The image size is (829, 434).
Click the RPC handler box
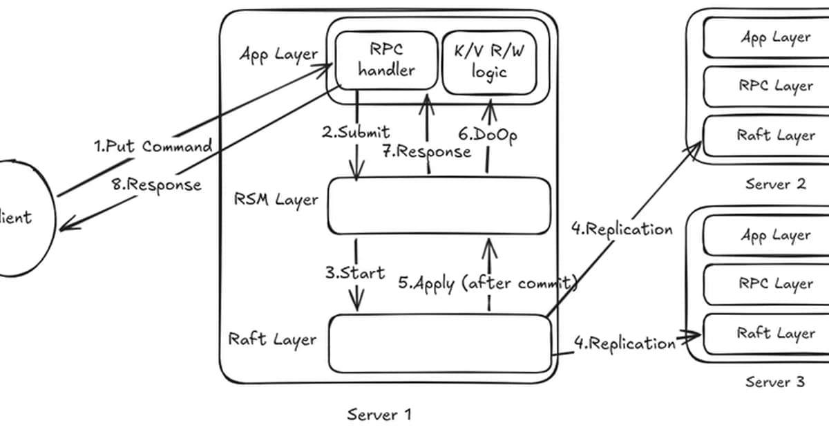pyautogui.click(x=386, y=61)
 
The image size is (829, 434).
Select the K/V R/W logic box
pyautogui.click(x=489, y=62)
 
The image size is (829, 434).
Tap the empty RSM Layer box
pyautogui.click(x=439, y=206)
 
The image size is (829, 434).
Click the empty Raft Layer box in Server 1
pyautogui.click(x=439, y=343)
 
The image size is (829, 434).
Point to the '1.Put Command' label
pyautogui.click(x=153, y=147)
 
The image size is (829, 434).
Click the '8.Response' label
pyautogui.click(x=156, y=185)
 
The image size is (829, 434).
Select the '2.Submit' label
pyautogui.click(x=356, y=131)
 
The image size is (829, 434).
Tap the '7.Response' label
pyautogui.click(x=427, y=151)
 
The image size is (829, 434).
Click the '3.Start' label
pyautogui.click(x=355, y=272)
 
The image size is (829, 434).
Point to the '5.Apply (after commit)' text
pyautogui.click(x=487, y=283)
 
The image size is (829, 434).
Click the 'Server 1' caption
pyautogui.click(x=379, y=415)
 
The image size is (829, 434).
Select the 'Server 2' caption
pyautogui.click(x=775, y=184)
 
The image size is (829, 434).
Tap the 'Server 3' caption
pyautogui.click(x=775, y=381)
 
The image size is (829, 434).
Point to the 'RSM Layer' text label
pyautogui.click(x=276, y=200)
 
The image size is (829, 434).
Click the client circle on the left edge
pyautogui.click(x=24, y=218)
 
